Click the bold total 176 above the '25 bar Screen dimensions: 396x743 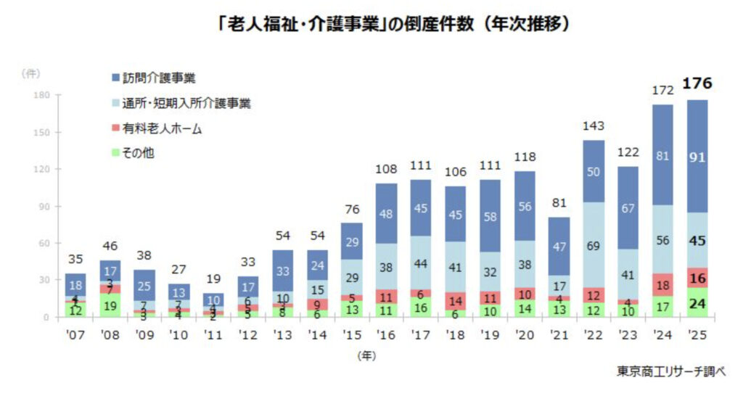point(697,85)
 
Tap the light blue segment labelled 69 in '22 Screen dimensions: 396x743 point(593,244)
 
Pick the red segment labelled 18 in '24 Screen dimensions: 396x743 point(662,284)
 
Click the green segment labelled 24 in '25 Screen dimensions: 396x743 point(697,302)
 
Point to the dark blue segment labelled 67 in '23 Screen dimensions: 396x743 point(628,208)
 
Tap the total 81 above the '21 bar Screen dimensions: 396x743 point(558,204)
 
